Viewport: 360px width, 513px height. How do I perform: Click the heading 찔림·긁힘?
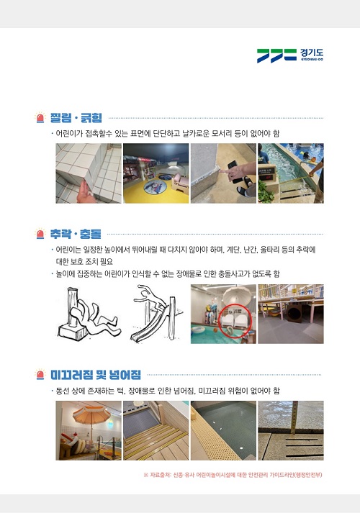click(x=76, y=118)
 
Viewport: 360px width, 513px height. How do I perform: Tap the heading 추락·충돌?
click(x=76, y=234)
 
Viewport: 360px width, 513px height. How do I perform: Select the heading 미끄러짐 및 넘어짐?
click(x=96, y=375)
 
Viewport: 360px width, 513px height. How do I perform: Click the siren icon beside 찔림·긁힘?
click(x=40, y=117)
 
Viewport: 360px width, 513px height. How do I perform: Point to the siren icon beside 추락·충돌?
click(x=40, y=233)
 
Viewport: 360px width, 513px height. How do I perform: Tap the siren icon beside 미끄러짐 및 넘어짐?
click(x=40, y=374)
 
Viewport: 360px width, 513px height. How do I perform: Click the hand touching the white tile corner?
click(x=85, y=193)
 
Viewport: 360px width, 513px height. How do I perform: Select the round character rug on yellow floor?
click(x=156, y=187)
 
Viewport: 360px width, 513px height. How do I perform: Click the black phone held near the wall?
click(x=235, y=170)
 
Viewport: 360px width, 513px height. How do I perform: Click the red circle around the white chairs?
click(x=234, y=320)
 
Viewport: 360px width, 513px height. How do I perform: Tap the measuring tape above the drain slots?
click(x=294, y=417)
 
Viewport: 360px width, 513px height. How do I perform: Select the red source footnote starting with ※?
click(x=233, y=475)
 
